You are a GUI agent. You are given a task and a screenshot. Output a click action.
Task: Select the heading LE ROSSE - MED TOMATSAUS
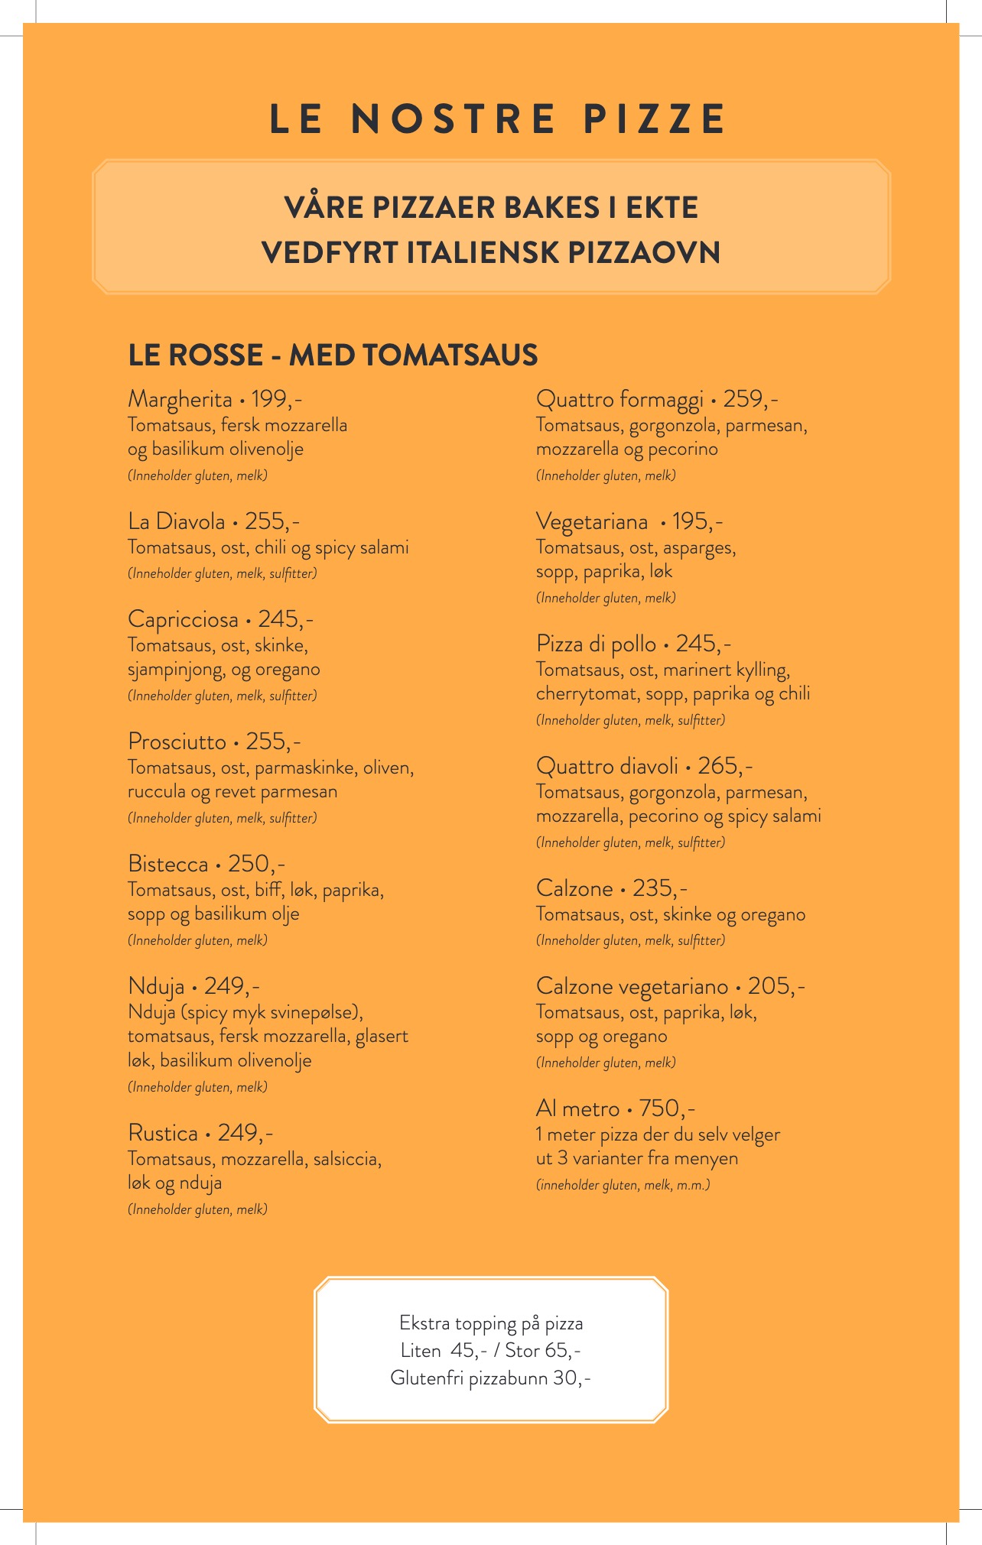[x=333, y=355]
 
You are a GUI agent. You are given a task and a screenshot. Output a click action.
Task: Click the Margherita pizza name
[x=180, y=399]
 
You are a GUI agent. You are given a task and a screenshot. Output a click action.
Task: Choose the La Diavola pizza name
[x=177, y=521]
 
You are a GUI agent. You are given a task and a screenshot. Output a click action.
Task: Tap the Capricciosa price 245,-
[x=285, y=618]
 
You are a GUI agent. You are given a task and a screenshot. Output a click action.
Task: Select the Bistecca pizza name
[x=168, y=864]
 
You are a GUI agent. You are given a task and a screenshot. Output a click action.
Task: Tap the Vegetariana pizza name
[x=592, y=521]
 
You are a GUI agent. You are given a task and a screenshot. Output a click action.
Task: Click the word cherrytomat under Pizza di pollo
[x=586, y=693]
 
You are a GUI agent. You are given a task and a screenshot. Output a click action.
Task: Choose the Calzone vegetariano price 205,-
[x=776, y=986]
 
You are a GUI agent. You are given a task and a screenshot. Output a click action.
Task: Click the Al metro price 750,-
[x=667, y=1108]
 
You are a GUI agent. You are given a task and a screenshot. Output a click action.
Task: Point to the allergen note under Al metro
[x=623, y=1185]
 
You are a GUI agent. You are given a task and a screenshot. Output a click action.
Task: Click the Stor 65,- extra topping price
[x=543, y=1350]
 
